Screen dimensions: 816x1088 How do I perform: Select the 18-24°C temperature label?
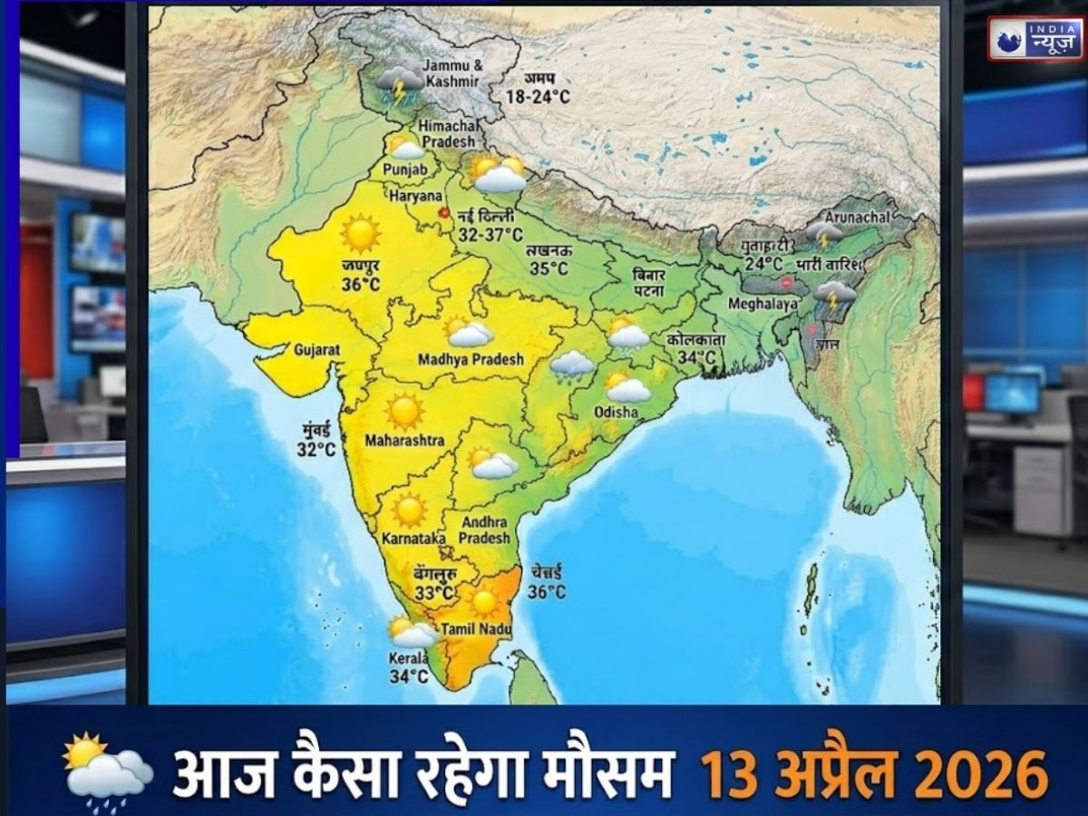(x=539, y=96)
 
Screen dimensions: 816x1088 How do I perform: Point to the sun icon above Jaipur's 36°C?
(x=360, y=234)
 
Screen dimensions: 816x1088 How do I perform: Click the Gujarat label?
(x=316, y=348)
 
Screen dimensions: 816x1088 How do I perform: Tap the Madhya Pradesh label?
(x=471, y=359)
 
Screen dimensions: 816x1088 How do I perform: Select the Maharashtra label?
(x=404, y=441)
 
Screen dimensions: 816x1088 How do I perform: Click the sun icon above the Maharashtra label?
(x=404, y=411)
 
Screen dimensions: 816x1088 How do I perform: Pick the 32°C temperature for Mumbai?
(x=316, y=448)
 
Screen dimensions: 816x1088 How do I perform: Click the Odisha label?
(x=616, y=412)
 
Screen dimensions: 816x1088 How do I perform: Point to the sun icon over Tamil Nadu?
(x=484, y=601)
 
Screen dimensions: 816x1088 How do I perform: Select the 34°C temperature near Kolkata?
(x=696, y=358)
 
